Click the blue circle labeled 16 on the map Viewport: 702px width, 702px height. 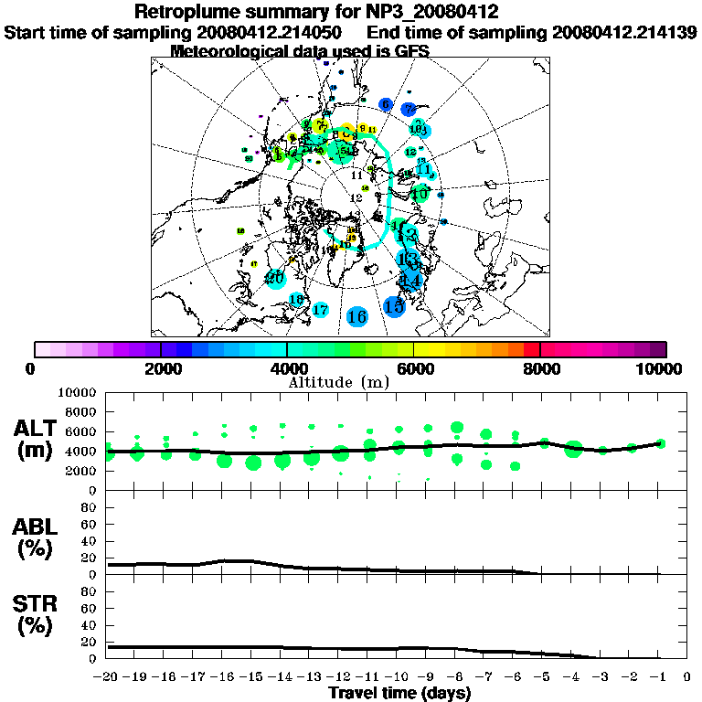click(x=357, y=316)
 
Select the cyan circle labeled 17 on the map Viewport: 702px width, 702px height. click(x=320, y=310)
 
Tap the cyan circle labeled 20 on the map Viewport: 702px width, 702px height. click(x=275, y=278)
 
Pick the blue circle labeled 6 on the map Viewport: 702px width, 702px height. click(x=386, y=104)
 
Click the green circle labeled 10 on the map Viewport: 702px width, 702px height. click(x=420, y=194)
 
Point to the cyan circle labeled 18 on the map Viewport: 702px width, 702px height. click(x=296, y=299)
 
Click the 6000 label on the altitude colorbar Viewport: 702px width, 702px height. click(x=413, y=368)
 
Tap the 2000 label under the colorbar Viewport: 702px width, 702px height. click(x=161, y=368)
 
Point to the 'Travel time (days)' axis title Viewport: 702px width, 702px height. click(x=399, y=694)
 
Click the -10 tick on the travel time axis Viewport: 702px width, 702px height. click(x=399, y=678)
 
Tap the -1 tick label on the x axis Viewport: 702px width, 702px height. click(x=659, y=678)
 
